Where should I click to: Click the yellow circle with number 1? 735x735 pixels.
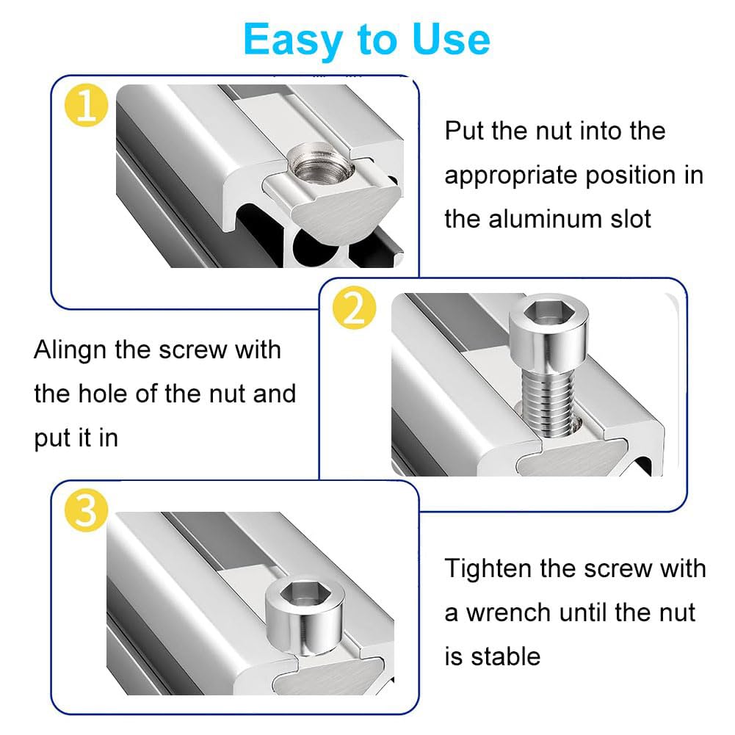click(x=86, y=107)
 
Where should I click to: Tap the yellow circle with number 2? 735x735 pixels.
click(x=353, y=310)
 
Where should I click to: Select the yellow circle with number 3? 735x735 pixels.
click(x=86, y=511)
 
